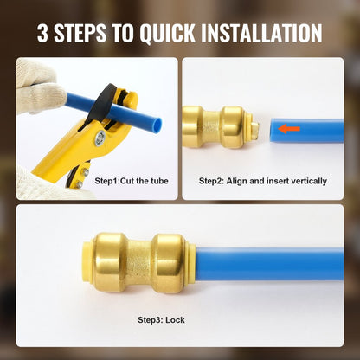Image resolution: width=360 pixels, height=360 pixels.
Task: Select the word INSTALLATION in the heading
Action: point(262,34)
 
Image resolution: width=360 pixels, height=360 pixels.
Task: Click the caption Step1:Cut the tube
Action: point(132,181)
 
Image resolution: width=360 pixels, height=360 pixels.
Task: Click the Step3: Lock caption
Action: point(163,319)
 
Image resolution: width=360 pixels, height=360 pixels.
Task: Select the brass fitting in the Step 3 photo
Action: point(135,261)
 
